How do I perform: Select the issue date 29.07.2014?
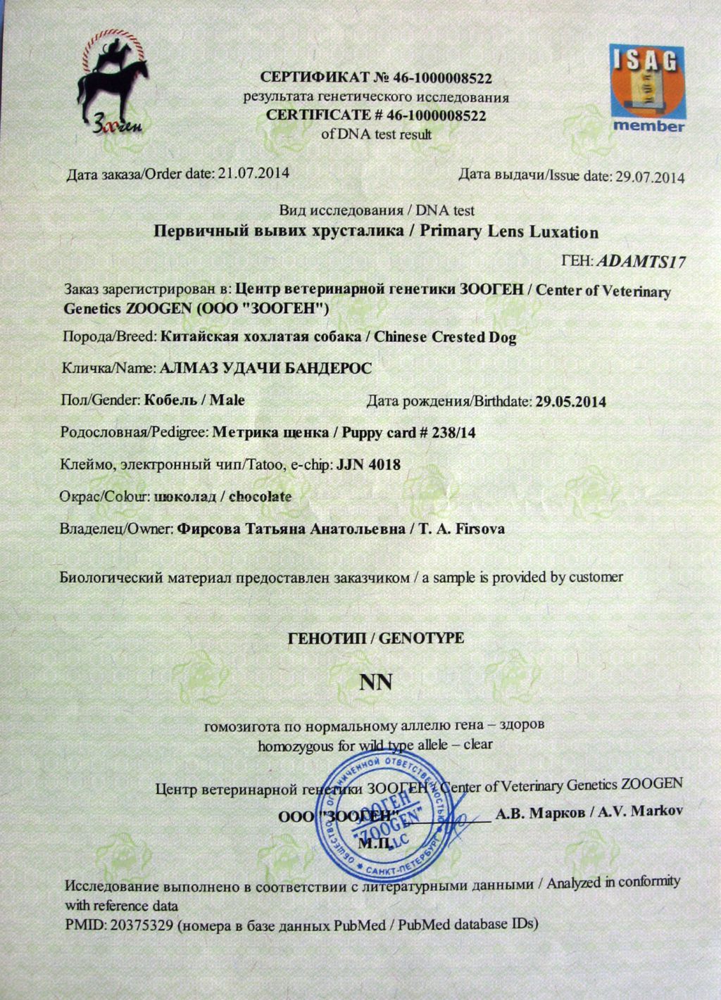(650, 177)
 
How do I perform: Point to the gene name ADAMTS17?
(641, 262)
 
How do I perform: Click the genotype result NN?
(375, 682)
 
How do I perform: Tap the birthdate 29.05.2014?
(570, 402)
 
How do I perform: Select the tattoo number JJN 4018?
(369, 464)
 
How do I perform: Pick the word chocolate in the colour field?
(261, 496)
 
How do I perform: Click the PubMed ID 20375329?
(139, 925)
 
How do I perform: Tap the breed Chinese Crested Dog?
(445, 337)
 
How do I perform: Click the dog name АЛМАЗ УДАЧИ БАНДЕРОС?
(266, 368)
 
